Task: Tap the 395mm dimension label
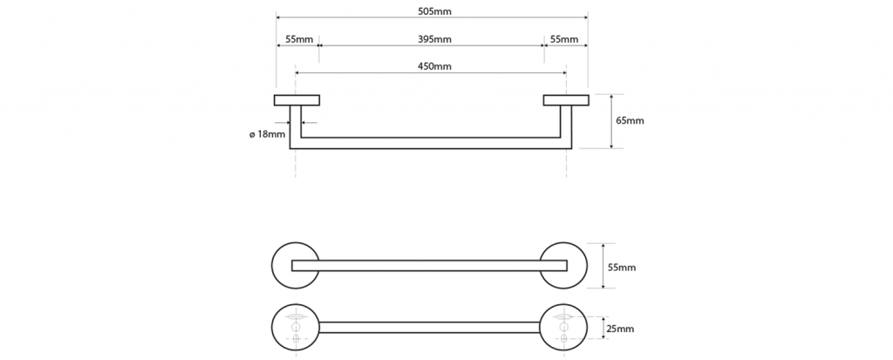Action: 434,39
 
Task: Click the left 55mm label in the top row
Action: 298,39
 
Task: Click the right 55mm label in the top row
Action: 564,39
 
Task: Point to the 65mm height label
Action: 630,120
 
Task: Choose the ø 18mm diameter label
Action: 267,133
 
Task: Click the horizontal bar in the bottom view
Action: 431,327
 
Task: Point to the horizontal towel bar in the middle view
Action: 431,266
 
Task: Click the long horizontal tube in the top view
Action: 431,143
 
